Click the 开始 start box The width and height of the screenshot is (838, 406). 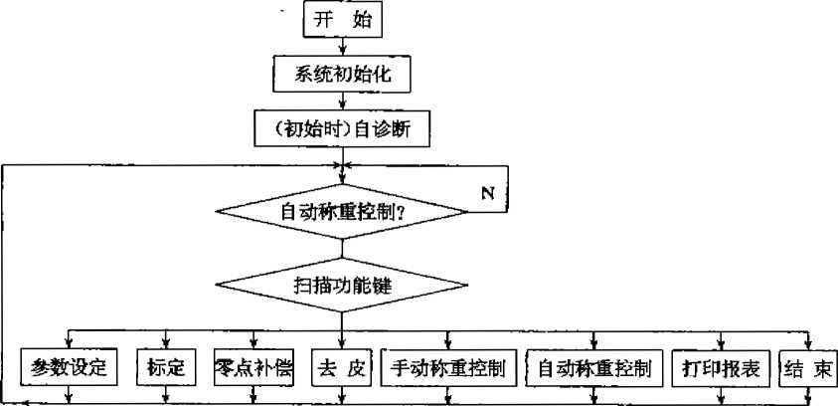coord(343,20)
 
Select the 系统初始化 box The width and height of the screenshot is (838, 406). coord(343,74)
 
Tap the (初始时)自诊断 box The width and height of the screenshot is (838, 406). coord(343,127)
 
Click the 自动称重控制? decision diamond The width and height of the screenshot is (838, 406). coord(343,211)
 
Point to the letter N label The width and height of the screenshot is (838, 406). coord(487,192)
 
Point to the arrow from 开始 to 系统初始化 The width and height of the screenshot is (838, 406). coord(343,45)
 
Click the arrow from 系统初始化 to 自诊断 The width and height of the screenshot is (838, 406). coord(343,100)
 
